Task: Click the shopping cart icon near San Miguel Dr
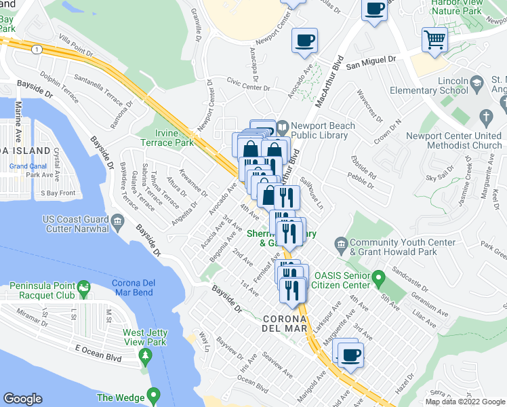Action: pyautogui.click(x=434, y=39)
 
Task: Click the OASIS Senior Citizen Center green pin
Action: pyautogui.click(x=380, y=277)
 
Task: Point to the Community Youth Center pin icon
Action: pyautogui.click(x=342, y=243)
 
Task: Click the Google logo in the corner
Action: pyautogui.click(x=23, y=399)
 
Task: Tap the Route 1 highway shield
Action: pyautogui.click(x=36, y=50)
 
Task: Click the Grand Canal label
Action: pyautogui.click(x=28, y=166)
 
